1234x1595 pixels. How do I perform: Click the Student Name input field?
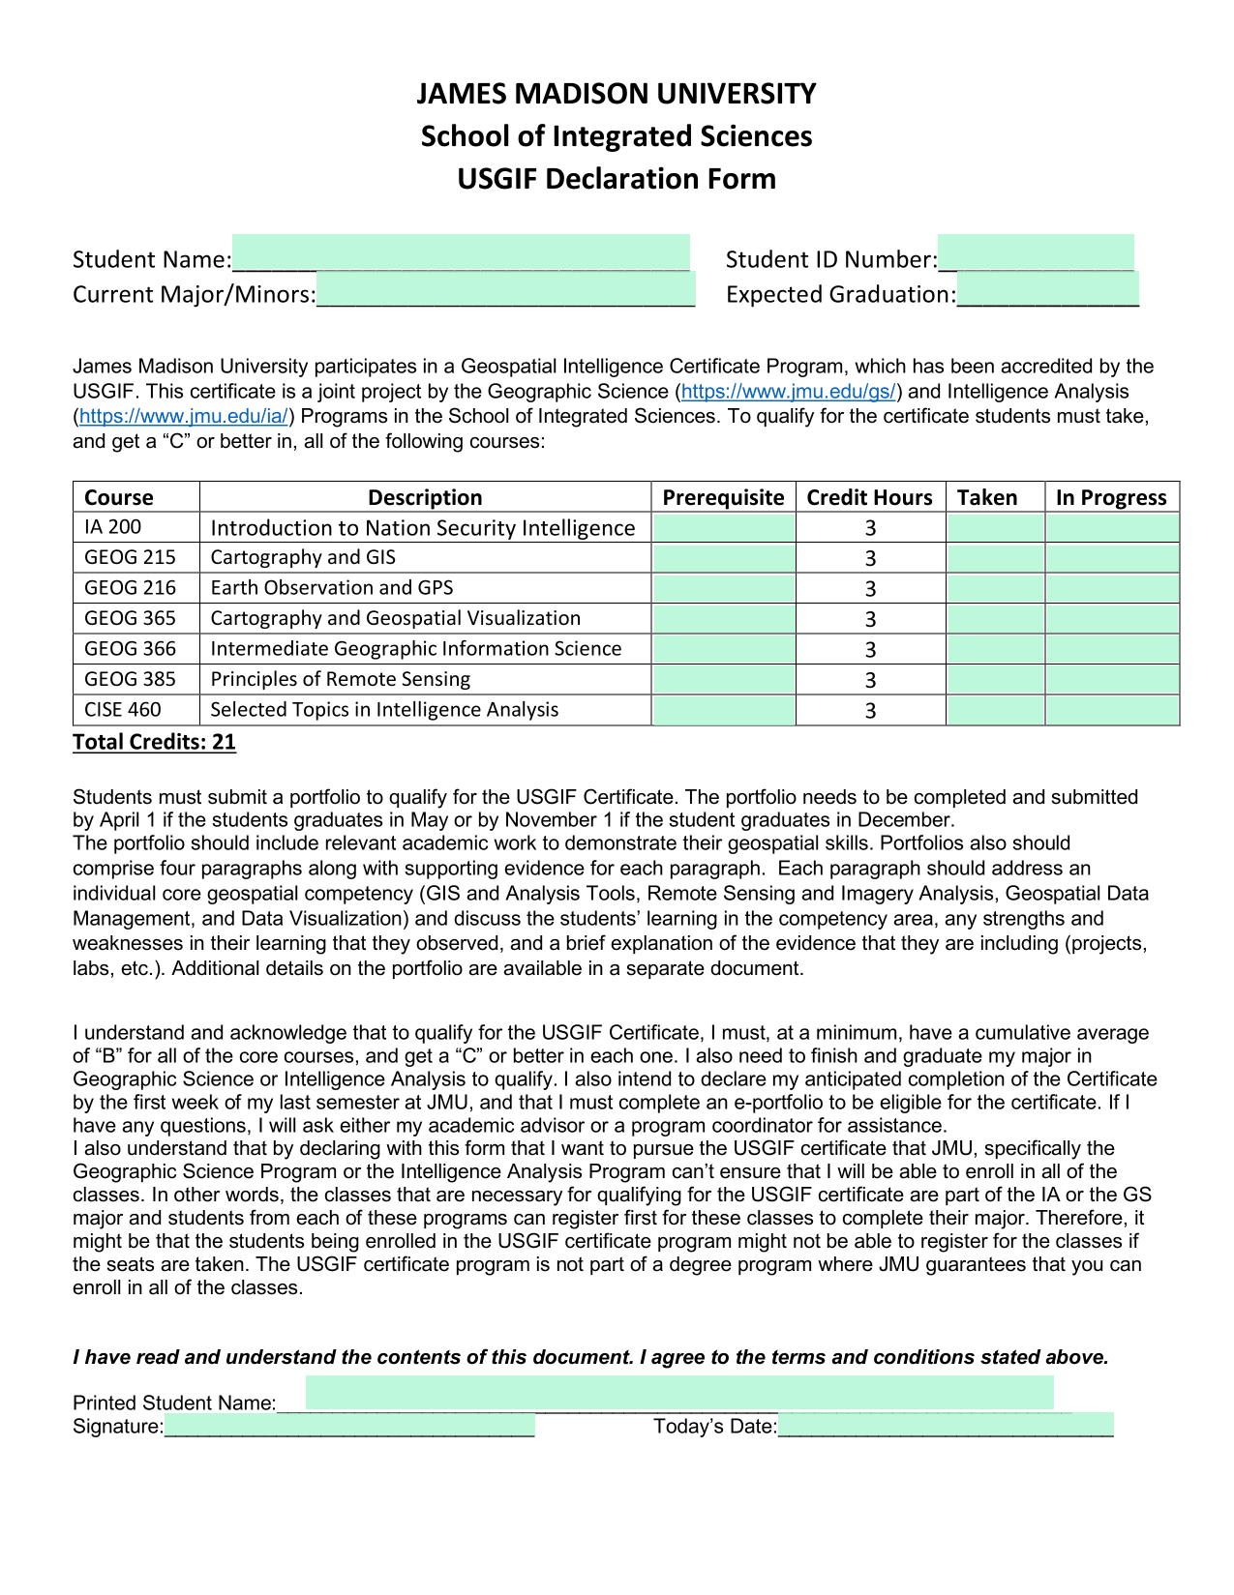pos(461,253)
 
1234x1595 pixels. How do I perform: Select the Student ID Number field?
pos(1036,253)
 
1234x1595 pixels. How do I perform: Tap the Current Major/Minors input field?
pos(505,290)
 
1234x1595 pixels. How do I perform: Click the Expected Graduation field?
pos(1047,290)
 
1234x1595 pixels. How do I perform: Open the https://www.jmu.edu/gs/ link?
pos(789,392)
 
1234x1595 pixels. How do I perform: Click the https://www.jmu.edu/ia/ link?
pos(184,417)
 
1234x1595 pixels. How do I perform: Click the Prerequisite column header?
pos(723,497)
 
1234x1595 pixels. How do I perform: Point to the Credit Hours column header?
pos(869,497)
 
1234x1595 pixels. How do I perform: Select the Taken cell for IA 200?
pos(995,527)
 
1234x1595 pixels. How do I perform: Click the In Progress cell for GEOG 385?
pos(1112,679)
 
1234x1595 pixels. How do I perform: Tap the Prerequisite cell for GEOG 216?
pos(724,588)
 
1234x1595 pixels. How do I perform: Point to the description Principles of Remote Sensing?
pos(341,679)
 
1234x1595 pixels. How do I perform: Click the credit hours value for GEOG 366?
pos(870,649)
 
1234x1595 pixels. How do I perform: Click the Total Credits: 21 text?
pos(154,742)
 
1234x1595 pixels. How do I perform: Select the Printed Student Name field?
pos(679,1394)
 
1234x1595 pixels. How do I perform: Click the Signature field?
pos(349,1425)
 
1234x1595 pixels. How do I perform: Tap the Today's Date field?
pos(946,1425)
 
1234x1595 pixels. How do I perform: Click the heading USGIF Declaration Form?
pos(617,179)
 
